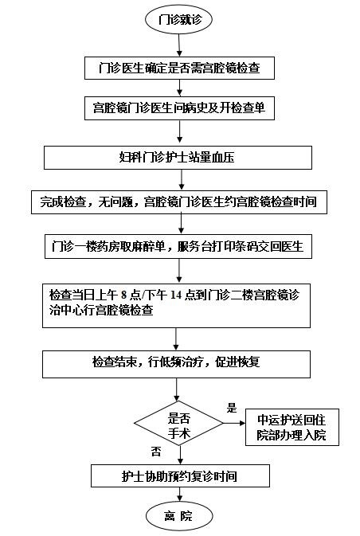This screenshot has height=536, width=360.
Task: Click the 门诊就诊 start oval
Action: [178, 19]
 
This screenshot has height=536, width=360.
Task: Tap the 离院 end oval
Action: [179, 516]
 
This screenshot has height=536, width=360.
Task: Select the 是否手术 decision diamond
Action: [178, 423]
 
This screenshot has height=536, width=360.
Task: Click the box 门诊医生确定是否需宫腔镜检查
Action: [179, 68]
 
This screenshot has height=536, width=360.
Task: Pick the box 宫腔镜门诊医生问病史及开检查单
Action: [179, 108]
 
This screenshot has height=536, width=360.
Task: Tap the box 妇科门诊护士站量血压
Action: [178, 158]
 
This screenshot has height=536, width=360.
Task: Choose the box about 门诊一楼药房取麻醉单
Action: [178, 246]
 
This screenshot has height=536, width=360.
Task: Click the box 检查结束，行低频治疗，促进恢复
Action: [176, 364]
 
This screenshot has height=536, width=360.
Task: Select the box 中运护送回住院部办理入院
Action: [292, 427]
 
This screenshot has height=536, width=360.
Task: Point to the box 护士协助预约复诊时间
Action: [180, 475]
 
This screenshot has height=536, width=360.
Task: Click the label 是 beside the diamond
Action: [232, 408]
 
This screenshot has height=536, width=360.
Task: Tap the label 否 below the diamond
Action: [156, 452]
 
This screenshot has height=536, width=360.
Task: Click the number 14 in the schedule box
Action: [176, 295]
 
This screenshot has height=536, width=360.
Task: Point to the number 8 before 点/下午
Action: [123, 295]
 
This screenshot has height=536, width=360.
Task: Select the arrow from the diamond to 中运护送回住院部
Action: [234, 423]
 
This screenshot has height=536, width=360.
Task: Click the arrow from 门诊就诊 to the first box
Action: [179, 45]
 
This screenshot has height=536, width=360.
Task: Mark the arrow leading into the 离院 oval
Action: [179, 495]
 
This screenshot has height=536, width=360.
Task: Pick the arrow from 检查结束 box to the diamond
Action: [176, 389]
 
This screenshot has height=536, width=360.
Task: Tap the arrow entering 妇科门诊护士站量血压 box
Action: [179, 133]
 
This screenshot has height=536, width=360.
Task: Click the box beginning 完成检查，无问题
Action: [179, 202]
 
